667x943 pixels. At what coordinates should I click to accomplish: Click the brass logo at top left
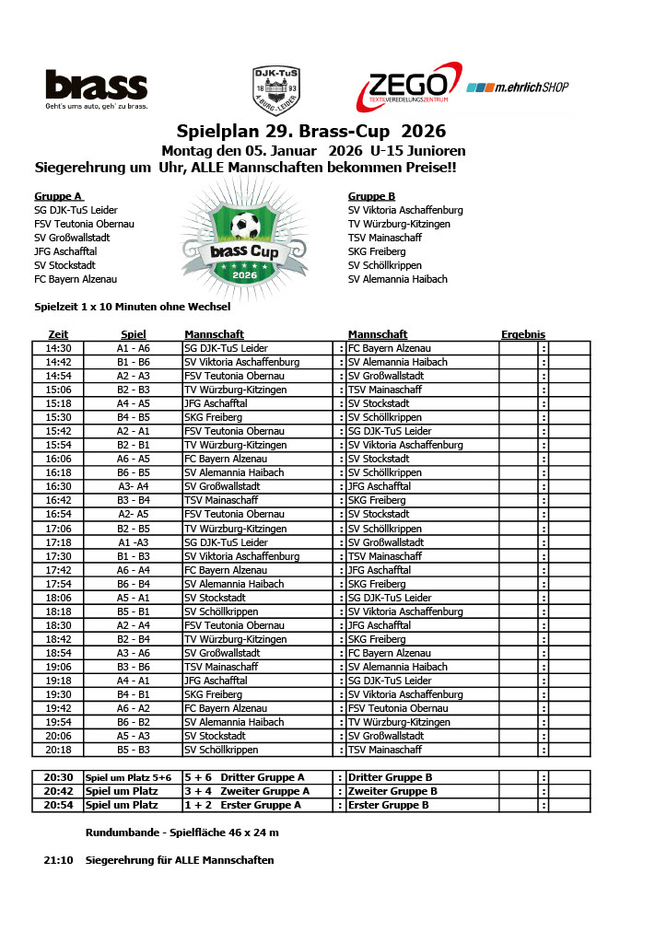tap(96, 86)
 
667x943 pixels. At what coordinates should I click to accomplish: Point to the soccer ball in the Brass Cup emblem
tap(245, 226)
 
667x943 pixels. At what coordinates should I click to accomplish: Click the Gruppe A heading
tap(59, 196)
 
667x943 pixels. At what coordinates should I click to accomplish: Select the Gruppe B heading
tap(371, 196)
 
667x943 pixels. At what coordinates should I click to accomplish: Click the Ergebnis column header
tap(522, 334)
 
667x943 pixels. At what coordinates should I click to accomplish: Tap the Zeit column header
tap(58, 334)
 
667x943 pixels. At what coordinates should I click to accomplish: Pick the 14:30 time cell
tap(58, 348)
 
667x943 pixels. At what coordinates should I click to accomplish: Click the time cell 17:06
tap(58, 529)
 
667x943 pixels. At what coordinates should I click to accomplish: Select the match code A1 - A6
tap(133, 348)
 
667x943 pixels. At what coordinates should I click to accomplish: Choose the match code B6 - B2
tap(133, 722)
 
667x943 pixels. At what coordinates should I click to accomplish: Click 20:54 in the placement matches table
tap(58, 805)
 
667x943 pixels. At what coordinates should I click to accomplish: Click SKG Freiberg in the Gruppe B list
tap(377, 251)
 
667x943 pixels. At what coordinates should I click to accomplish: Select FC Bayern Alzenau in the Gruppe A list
tap(76, 279)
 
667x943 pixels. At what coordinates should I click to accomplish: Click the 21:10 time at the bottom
tap(58, 860)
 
